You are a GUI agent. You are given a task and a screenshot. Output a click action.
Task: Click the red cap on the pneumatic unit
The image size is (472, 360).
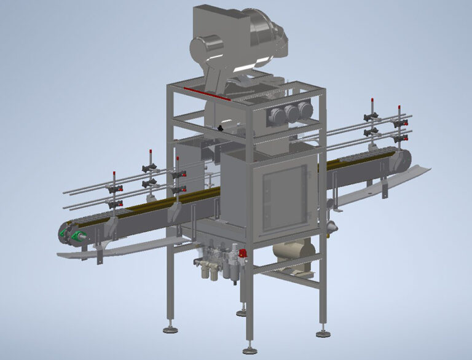(x=243, y=252)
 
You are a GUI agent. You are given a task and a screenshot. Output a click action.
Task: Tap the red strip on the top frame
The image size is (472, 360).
(x=206, y=93)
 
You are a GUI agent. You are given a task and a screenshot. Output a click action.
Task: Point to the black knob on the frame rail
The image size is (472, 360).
(x=219, y=128)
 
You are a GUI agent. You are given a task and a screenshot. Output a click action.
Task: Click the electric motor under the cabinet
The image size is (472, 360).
(x=294, y=252)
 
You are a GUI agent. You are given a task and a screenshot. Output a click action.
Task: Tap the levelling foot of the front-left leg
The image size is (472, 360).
(x=170, y=329)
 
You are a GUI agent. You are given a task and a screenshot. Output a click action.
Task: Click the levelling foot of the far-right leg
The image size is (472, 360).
(x=323, y=334)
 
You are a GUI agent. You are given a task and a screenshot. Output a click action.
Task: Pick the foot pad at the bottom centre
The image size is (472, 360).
(x=250, y=351)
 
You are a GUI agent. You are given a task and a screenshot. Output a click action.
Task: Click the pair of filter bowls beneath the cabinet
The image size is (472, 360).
(x=209, y=270)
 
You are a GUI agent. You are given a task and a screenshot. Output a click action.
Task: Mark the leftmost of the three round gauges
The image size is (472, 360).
(x=275, y=114)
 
